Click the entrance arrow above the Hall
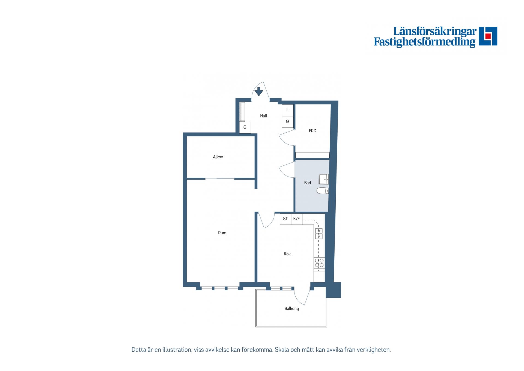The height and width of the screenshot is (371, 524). [x=259, y=91]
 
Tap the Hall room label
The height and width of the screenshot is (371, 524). [x=263, y=116]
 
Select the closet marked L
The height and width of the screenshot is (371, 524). [x=287, y=110]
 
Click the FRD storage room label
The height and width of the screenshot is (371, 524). [x=312, y=131]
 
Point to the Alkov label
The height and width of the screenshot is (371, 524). [x=218, y=157]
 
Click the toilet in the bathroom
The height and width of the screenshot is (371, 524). [x=323, y=191]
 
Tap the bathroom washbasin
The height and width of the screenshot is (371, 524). [x=324, y=179]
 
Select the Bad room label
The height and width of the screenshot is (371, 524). [x=308, y=183]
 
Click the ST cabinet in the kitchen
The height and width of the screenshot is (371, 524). [x=285, y=219]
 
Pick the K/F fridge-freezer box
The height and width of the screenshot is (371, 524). [x=297, y=219]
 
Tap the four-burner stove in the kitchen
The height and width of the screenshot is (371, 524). [x=319, y=263]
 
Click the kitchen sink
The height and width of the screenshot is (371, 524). [x=319, y=233]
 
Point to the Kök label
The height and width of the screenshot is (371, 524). [x=287, y=254]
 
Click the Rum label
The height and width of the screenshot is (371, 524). [x=222, y=233]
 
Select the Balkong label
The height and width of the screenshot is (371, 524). [x=291, y=309]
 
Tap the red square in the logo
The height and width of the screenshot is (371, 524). [x=488, y=36]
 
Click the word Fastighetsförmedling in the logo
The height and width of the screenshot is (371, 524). [x=424, y=42]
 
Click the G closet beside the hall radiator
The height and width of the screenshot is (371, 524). [x=245, y=127]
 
